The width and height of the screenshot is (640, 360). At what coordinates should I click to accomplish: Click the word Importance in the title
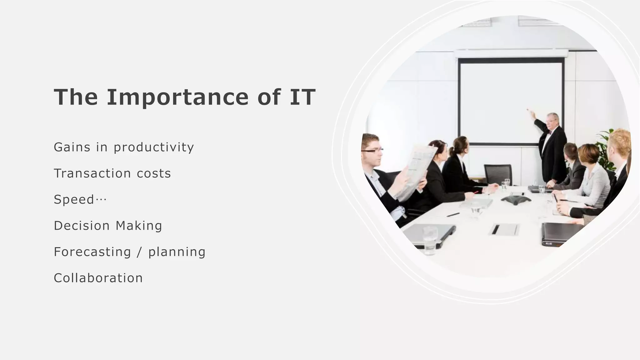(x=177, y=97)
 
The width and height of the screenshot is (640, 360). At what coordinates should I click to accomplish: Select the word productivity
(x=154, y=147)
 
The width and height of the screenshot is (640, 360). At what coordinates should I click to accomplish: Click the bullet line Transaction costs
(x=112, y=173)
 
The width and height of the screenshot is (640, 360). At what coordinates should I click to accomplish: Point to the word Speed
(x=74, y=199)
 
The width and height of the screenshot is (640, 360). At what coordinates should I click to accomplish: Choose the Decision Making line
(x=108, y=226)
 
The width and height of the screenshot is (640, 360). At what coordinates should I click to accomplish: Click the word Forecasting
(x=92, y=252)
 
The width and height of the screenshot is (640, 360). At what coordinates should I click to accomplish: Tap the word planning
(x=177, y=252)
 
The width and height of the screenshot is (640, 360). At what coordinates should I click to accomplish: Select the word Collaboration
(x=98, y=278)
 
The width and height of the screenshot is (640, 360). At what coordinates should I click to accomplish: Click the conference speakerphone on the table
(x=516, y=199)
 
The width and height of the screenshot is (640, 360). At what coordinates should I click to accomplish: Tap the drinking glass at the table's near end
(x=430, y=239)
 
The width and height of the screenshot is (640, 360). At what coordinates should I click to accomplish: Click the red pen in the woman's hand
(x=476, y=192)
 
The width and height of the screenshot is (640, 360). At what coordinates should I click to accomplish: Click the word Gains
(x=72, y=147)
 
